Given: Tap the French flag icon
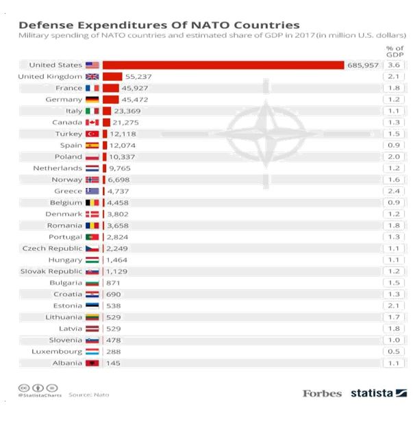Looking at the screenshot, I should [92, 88].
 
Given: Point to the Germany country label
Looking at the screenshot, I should [64, 99].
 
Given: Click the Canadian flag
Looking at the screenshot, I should [92, 122].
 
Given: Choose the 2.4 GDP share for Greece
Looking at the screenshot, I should [393, 191].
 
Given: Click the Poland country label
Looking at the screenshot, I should [67, 157].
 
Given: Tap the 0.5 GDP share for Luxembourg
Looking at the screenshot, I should [393, 351].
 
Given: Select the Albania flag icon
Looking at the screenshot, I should [92, 363].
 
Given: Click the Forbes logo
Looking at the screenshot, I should [323, 393].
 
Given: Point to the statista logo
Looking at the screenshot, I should [379, 393].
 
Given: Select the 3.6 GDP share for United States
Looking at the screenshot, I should [393, 65].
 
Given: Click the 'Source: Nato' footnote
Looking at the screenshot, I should [88, 395].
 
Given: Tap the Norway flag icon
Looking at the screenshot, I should [92, 179].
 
